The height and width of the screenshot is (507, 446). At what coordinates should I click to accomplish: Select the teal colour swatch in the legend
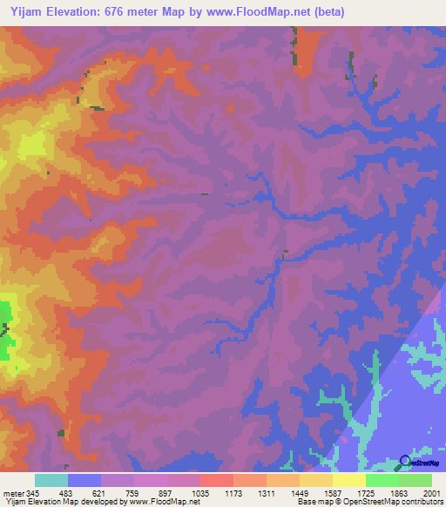[x=51, y=480]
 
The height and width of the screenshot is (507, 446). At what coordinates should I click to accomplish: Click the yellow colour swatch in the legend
[x=349, y=480]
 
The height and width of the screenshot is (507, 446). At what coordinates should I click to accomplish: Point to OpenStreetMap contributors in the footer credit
[x=401, y=502]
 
